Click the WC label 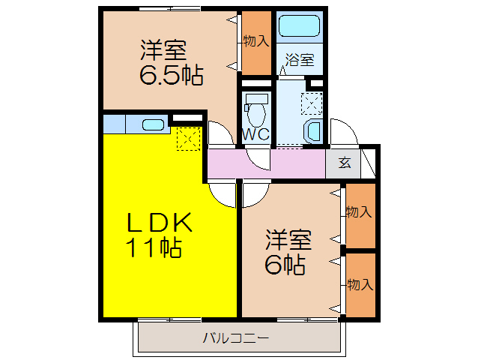(255, 135)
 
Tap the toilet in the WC (256, 112)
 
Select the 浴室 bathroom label (299, 61)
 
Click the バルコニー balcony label (235, 338)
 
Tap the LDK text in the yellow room (160, 223)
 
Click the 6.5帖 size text (170, 76)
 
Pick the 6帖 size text (284, 265)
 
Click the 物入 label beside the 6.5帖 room (255, 41)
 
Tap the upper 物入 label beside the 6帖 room (359, 212)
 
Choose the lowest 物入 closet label (359, 284)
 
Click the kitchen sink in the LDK (153, 124)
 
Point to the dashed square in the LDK (188, 138)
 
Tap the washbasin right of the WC (312, 132)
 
